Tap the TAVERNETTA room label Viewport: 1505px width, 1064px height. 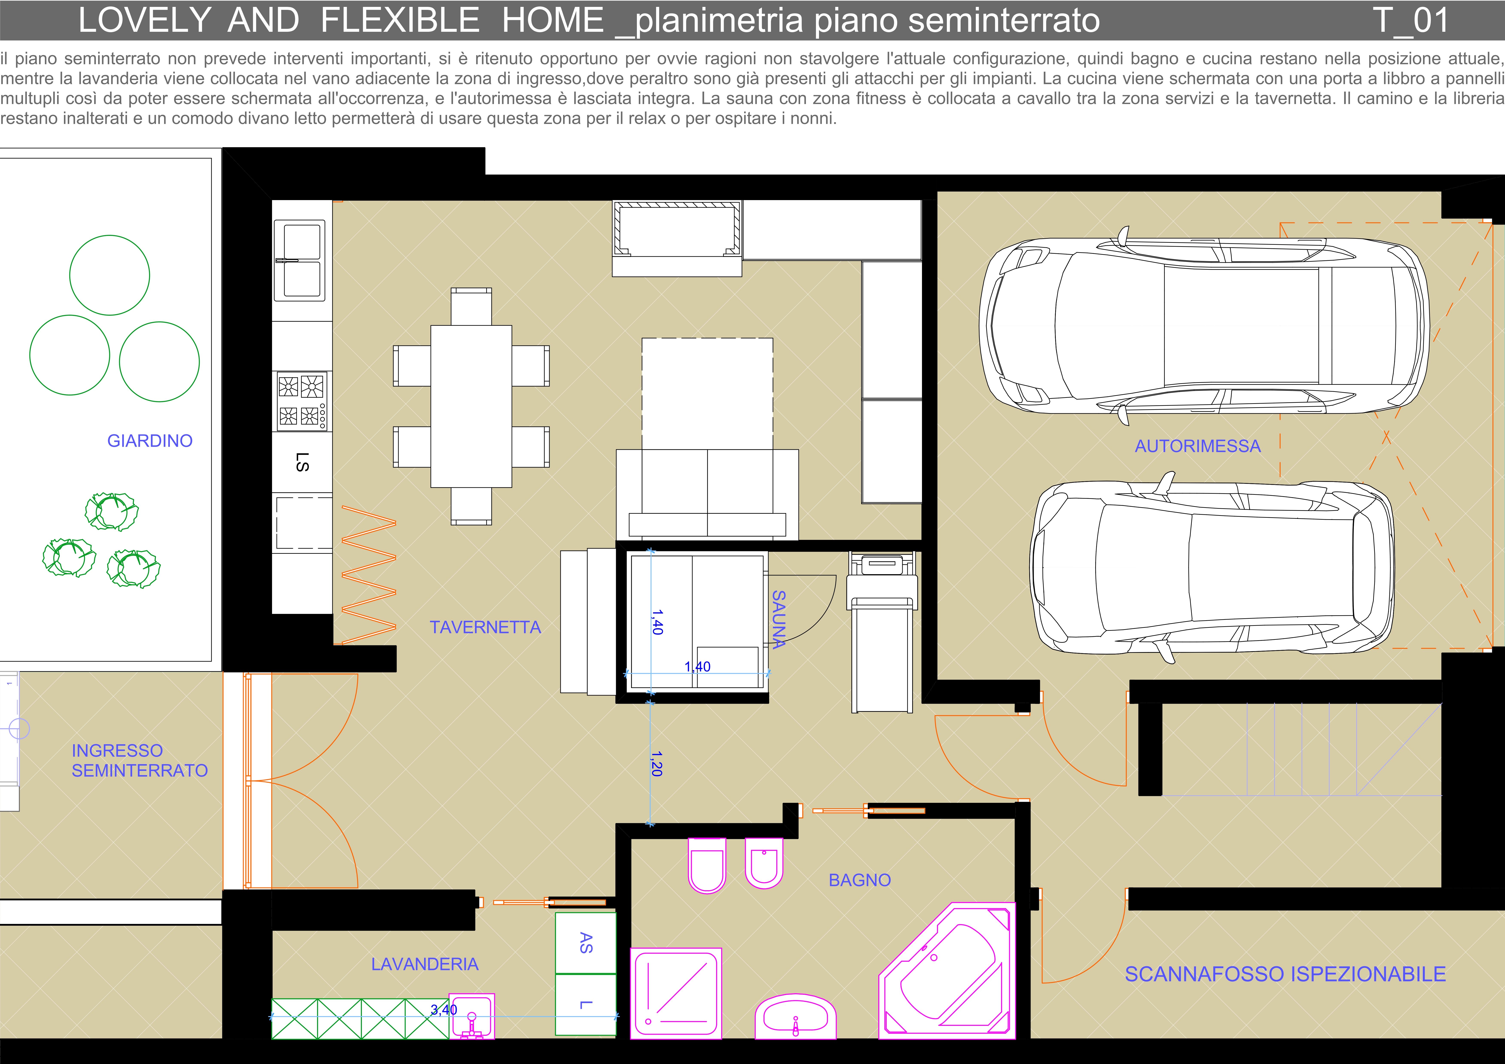(485, 627)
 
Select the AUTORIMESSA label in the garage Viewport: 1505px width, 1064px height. (1198, 446)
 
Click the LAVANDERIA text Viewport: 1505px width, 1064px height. (425, 964)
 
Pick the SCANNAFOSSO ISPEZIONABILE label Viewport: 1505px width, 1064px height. (1285, 974)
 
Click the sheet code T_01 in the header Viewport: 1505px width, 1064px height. (1411, 20)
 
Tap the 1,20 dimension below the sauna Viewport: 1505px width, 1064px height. (656, 764)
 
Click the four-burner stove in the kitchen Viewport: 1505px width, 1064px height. (302, 401)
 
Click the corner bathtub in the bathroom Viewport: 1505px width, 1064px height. (947, 971)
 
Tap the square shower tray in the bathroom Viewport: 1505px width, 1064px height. (676, 993)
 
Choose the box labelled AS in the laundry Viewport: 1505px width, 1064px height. (586, 943)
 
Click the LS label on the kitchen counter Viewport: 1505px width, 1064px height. (302, 462)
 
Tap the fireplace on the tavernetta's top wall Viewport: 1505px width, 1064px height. (677, 238)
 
